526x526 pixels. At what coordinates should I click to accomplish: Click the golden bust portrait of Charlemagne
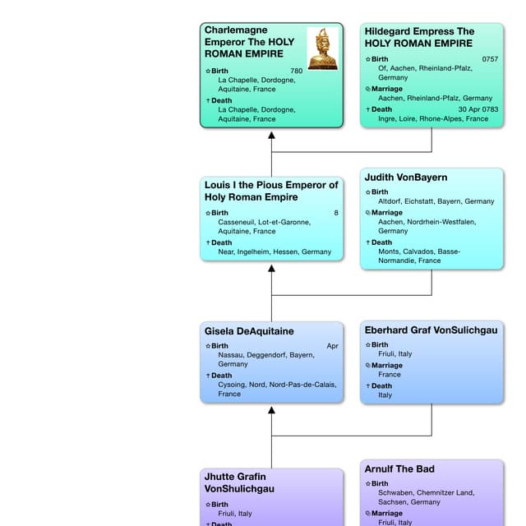pyautogui.click(x=322, y=48)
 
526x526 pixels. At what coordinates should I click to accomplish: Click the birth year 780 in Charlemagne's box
pyautogui.click(x=296, y=72)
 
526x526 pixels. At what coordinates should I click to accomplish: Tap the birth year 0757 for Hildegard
pyautogui.click(x=490, y=59)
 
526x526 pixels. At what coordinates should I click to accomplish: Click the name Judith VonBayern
pyautogui.click(x=406, y=178)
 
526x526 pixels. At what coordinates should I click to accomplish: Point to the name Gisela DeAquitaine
pyautogui.click(x=249, y=331)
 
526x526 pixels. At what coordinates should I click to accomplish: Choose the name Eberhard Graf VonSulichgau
pyautogui.click(x=431, y=330)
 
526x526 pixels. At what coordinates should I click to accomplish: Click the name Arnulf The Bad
pyautogui.click(x=399, y=469)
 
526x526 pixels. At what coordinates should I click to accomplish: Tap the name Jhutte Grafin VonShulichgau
pyautogui.click(x=235, y=482)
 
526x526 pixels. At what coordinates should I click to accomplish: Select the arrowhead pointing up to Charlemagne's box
pyautogui.click(x=271, y=136)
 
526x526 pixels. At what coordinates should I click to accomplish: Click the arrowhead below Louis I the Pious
pyautogui.click(x=271, y=269)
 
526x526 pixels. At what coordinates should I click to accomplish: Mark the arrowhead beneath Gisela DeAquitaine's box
pyautogui.click(x=271, y=410)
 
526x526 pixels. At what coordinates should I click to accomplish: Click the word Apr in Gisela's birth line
pyautogui.click(x=332, y=346)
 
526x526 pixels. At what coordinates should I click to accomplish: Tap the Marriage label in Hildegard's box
pyautogui.click(x=386, y=89)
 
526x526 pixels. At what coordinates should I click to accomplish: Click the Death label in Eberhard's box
pyautogui.click(x=381, y=385)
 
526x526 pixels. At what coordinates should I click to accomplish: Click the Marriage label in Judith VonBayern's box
pyautogui.click(x=386, y=213)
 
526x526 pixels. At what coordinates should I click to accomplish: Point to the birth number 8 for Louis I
pyautogui.click(x=335, y=213)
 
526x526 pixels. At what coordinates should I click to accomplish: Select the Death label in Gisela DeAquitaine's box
pyautogui.click(x=221, y=376)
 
